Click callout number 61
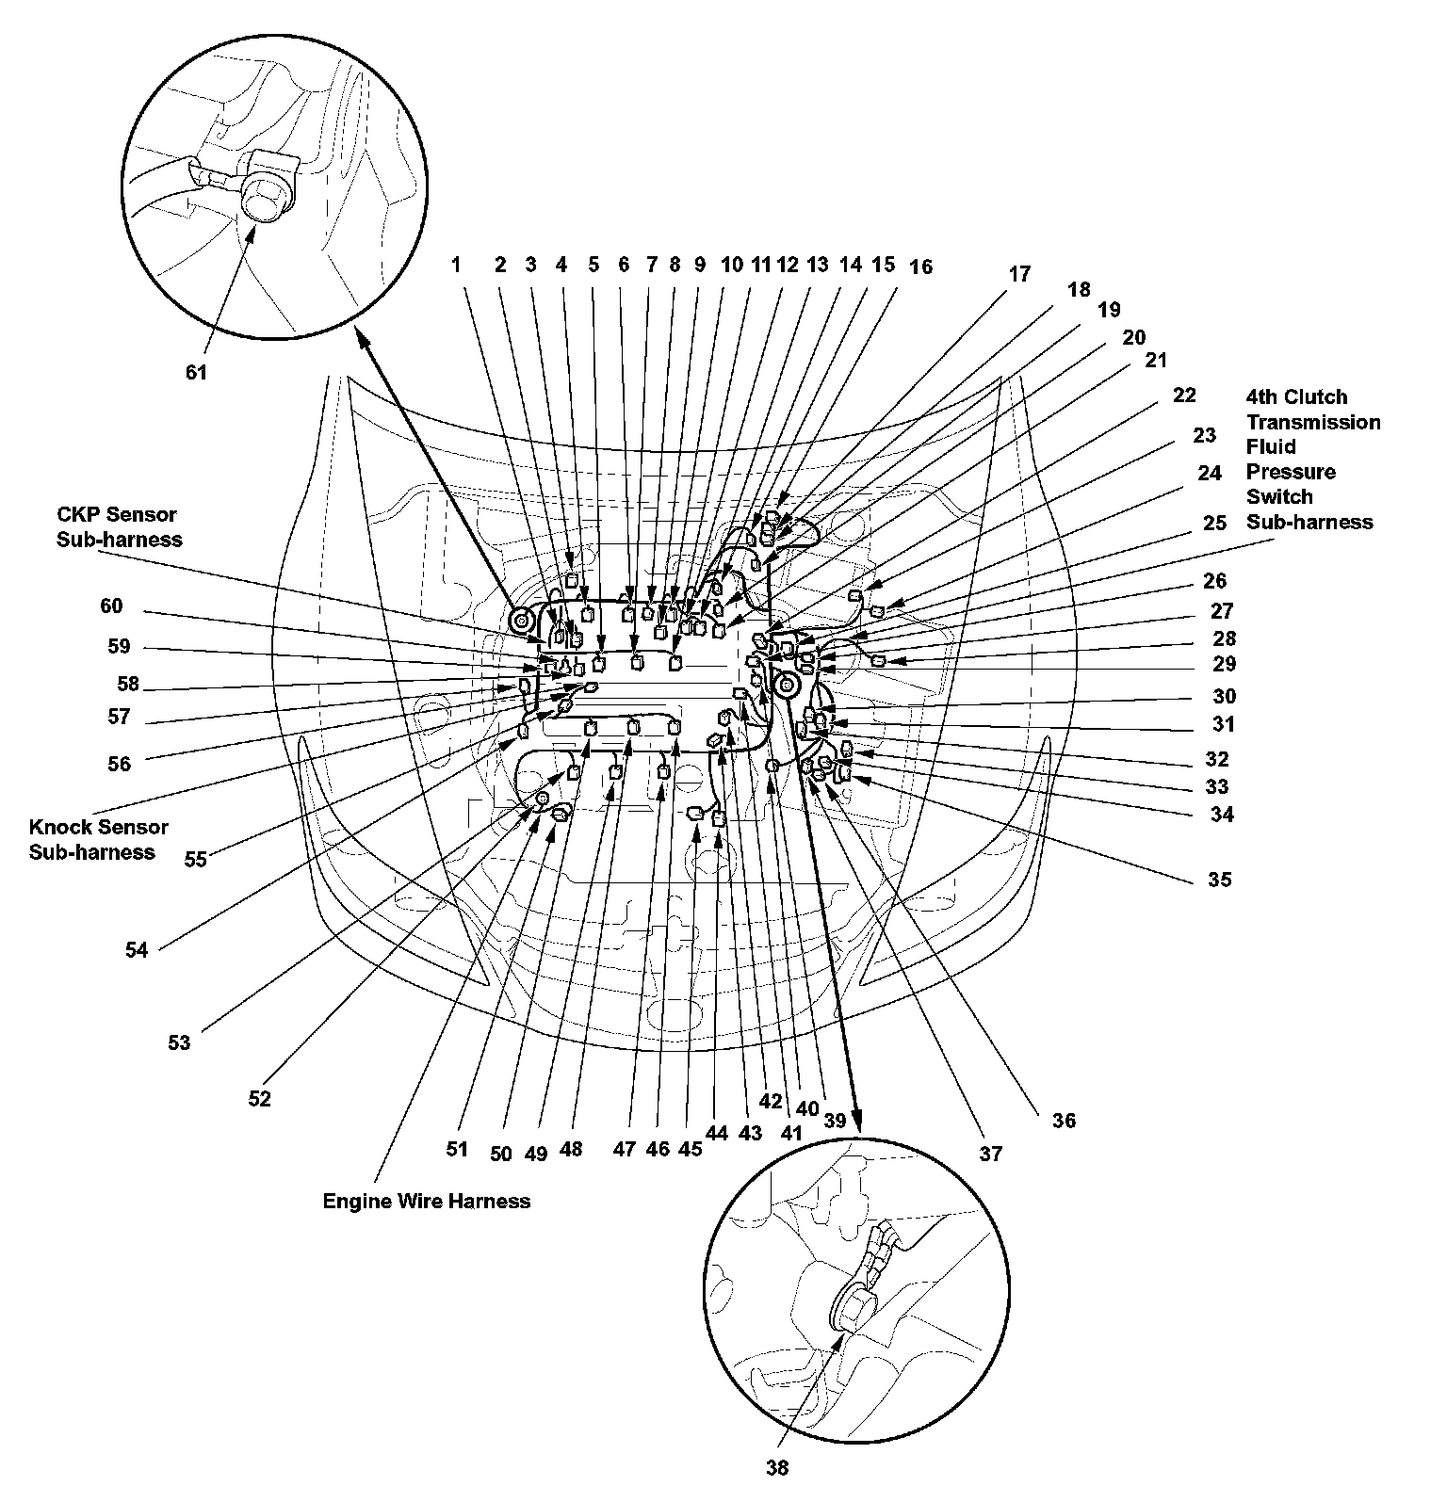pyautogui.click(x=195, y=372)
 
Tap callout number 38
pyautogui.click(x=776, y=1466)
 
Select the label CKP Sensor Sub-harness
pyautogui.click(x=117, y=527)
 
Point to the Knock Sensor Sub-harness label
pyautogui.click(x=99, y=839)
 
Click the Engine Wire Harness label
pyautogui.click(x=426, y=1201)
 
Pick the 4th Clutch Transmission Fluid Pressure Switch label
pyautogui.click(x=1312, y=459)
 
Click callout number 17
pyautogui.click(x=1019, y=274)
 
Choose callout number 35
pyautogui.click(x=1219, y=880)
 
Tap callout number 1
pyautogui.click(x=456, y=265)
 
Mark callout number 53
pyautogui.click(x=179, y=1042)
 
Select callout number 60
pyautogui.click(x=111, y=606)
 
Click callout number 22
pyautogui.click(x=1183, y=395)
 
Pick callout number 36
pyautogui.click(x=1063, y=1120)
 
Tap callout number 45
pyautogui.click(x=690, y=1149)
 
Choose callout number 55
pyautogui.click(x=195, y=859)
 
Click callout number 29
pyautogui.click(x=1224, y=664)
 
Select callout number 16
pyautogui.click(x=920, y=267)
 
